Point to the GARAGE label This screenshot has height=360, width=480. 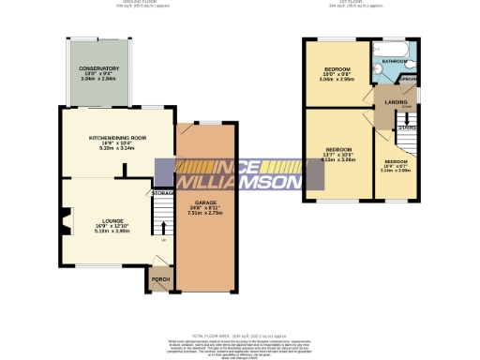click(206, 202)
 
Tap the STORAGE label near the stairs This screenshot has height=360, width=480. click(162, 193)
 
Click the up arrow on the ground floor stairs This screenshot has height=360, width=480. click(164, 226)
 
